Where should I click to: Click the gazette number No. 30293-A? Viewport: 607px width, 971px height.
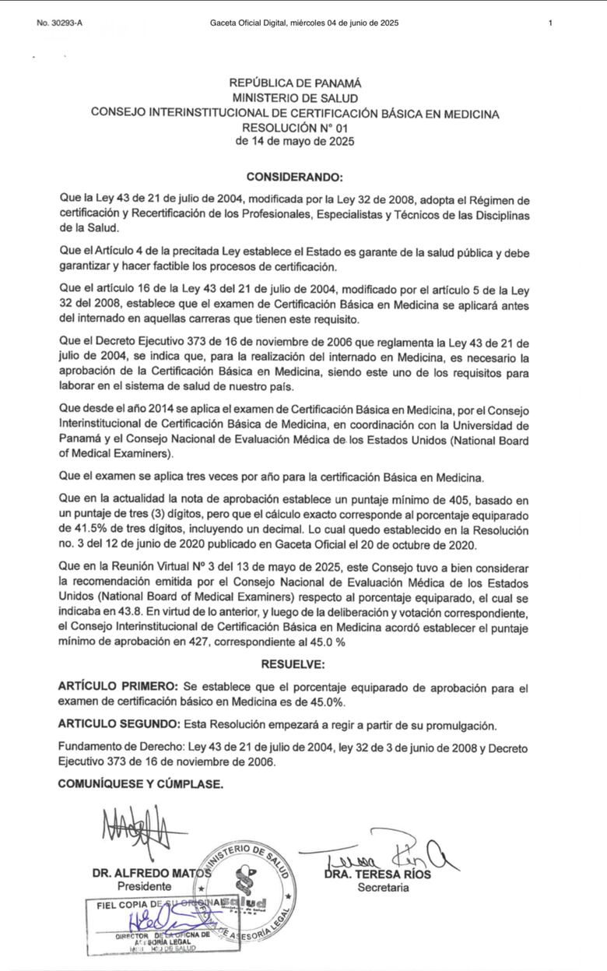tap(59, 23)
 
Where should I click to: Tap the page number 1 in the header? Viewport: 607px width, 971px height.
tap(550, 23)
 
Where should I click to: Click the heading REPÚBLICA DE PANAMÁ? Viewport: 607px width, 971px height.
tap(295, 83)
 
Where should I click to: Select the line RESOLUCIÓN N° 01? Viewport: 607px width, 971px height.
tap(295, 128)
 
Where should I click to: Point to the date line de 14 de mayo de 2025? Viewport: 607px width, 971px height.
tap(295, 142)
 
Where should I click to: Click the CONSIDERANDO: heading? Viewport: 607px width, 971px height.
tap(294, 178)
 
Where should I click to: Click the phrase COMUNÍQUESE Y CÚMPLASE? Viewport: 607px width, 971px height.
tap(141, 784)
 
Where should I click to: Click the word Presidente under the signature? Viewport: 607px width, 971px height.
tap(144, 887)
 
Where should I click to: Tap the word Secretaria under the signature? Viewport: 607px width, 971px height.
tap(383, 887)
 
